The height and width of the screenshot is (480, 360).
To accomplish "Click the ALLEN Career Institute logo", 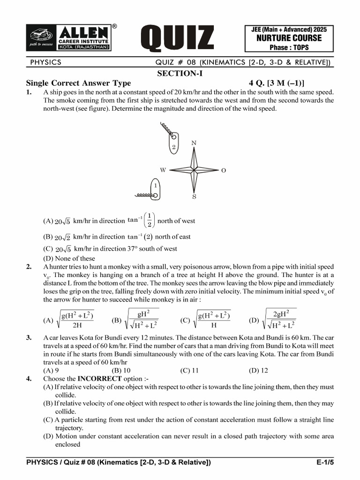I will [70, 37].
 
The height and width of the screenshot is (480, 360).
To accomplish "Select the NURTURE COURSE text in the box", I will [289, 38].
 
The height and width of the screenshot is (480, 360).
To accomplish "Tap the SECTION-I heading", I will [180, 74].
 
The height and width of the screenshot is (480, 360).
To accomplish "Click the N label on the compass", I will [194, 142].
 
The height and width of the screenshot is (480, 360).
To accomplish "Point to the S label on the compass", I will [194, 197].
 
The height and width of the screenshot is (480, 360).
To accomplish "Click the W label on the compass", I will [163, 170].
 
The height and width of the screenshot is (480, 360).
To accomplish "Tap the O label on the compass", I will [224, 171].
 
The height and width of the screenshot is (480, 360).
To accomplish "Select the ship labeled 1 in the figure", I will [155, 189].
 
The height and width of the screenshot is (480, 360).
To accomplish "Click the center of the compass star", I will [194, 169].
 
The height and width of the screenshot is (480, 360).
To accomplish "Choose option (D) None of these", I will [69, 258].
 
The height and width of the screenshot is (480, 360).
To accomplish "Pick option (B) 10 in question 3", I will [121, 370].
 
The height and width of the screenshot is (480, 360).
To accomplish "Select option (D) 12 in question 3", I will [258, 370].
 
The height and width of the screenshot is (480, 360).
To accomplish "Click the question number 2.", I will [29, 267].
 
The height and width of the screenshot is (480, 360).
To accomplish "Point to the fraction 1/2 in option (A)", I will [149, 220].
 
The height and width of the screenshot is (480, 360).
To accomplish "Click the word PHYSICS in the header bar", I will [45, 62].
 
